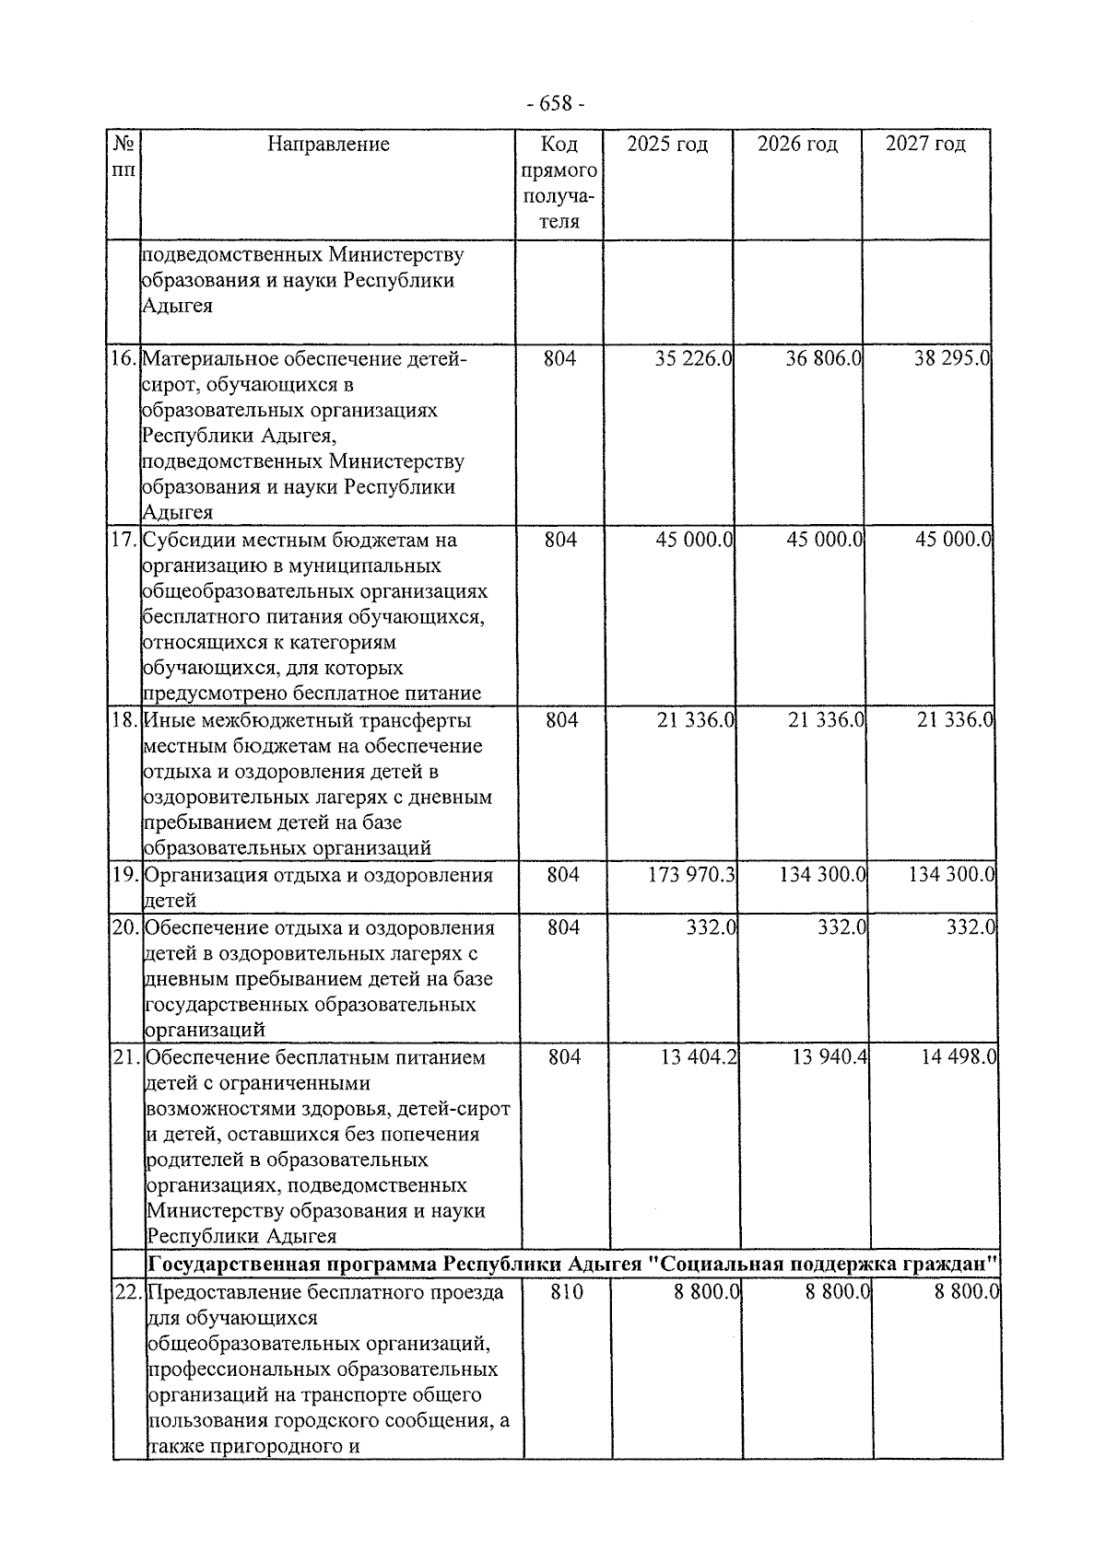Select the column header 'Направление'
pyautogui.click(x=328, y=144)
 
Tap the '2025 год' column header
pyautogui.click(x=667, y=144)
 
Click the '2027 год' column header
pyautogui.click(x=925, y=144)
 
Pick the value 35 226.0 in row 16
pyautogui.click(x=693, y=358)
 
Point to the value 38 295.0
pyautogui.click(x=951, y=358)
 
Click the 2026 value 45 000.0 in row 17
pyautogui.click(x=824, y=539)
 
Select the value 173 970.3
pyautogui.click(x=691, y=874)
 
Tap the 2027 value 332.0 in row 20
pyautogui.click(x=971, y=927)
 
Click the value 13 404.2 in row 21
pyautogui.click(x=699, y=1057)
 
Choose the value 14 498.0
pyautogui.click(x=958, y=1057)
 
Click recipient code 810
pyautogui.click(x=566, y=1292)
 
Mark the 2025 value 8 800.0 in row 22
pyautogui.click(x=707, y=1292)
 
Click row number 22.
pyautogui.click(x=128, y=1292)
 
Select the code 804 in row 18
pyautogui.click(x=561, y=719)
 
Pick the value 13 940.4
pyautogui.click(x=829, y=1057)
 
